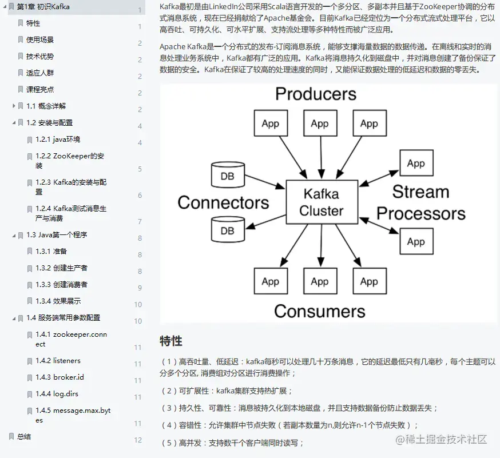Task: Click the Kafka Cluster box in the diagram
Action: [322, 202]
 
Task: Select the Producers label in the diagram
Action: [315, 94]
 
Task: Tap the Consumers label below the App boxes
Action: [319, 311]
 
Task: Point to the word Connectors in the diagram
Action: [223, 202]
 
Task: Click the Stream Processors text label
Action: [420, 202]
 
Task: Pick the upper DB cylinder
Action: [227, 176]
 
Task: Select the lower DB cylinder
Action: [227, 230]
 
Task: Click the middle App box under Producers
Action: [319, 124]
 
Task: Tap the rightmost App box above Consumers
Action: [369, 281]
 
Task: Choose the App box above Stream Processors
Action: [416, 164]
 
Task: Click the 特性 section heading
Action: [171, 341]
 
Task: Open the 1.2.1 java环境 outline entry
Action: [58, 139]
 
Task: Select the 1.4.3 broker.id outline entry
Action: [59, 377]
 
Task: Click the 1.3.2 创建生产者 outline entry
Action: [61, 268]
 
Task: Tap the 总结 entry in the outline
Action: [24, 436]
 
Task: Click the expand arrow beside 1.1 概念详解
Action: [14, 106]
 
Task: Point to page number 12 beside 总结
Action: [138, 440]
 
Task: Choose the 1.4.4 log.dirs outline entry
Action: [58, 394]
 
